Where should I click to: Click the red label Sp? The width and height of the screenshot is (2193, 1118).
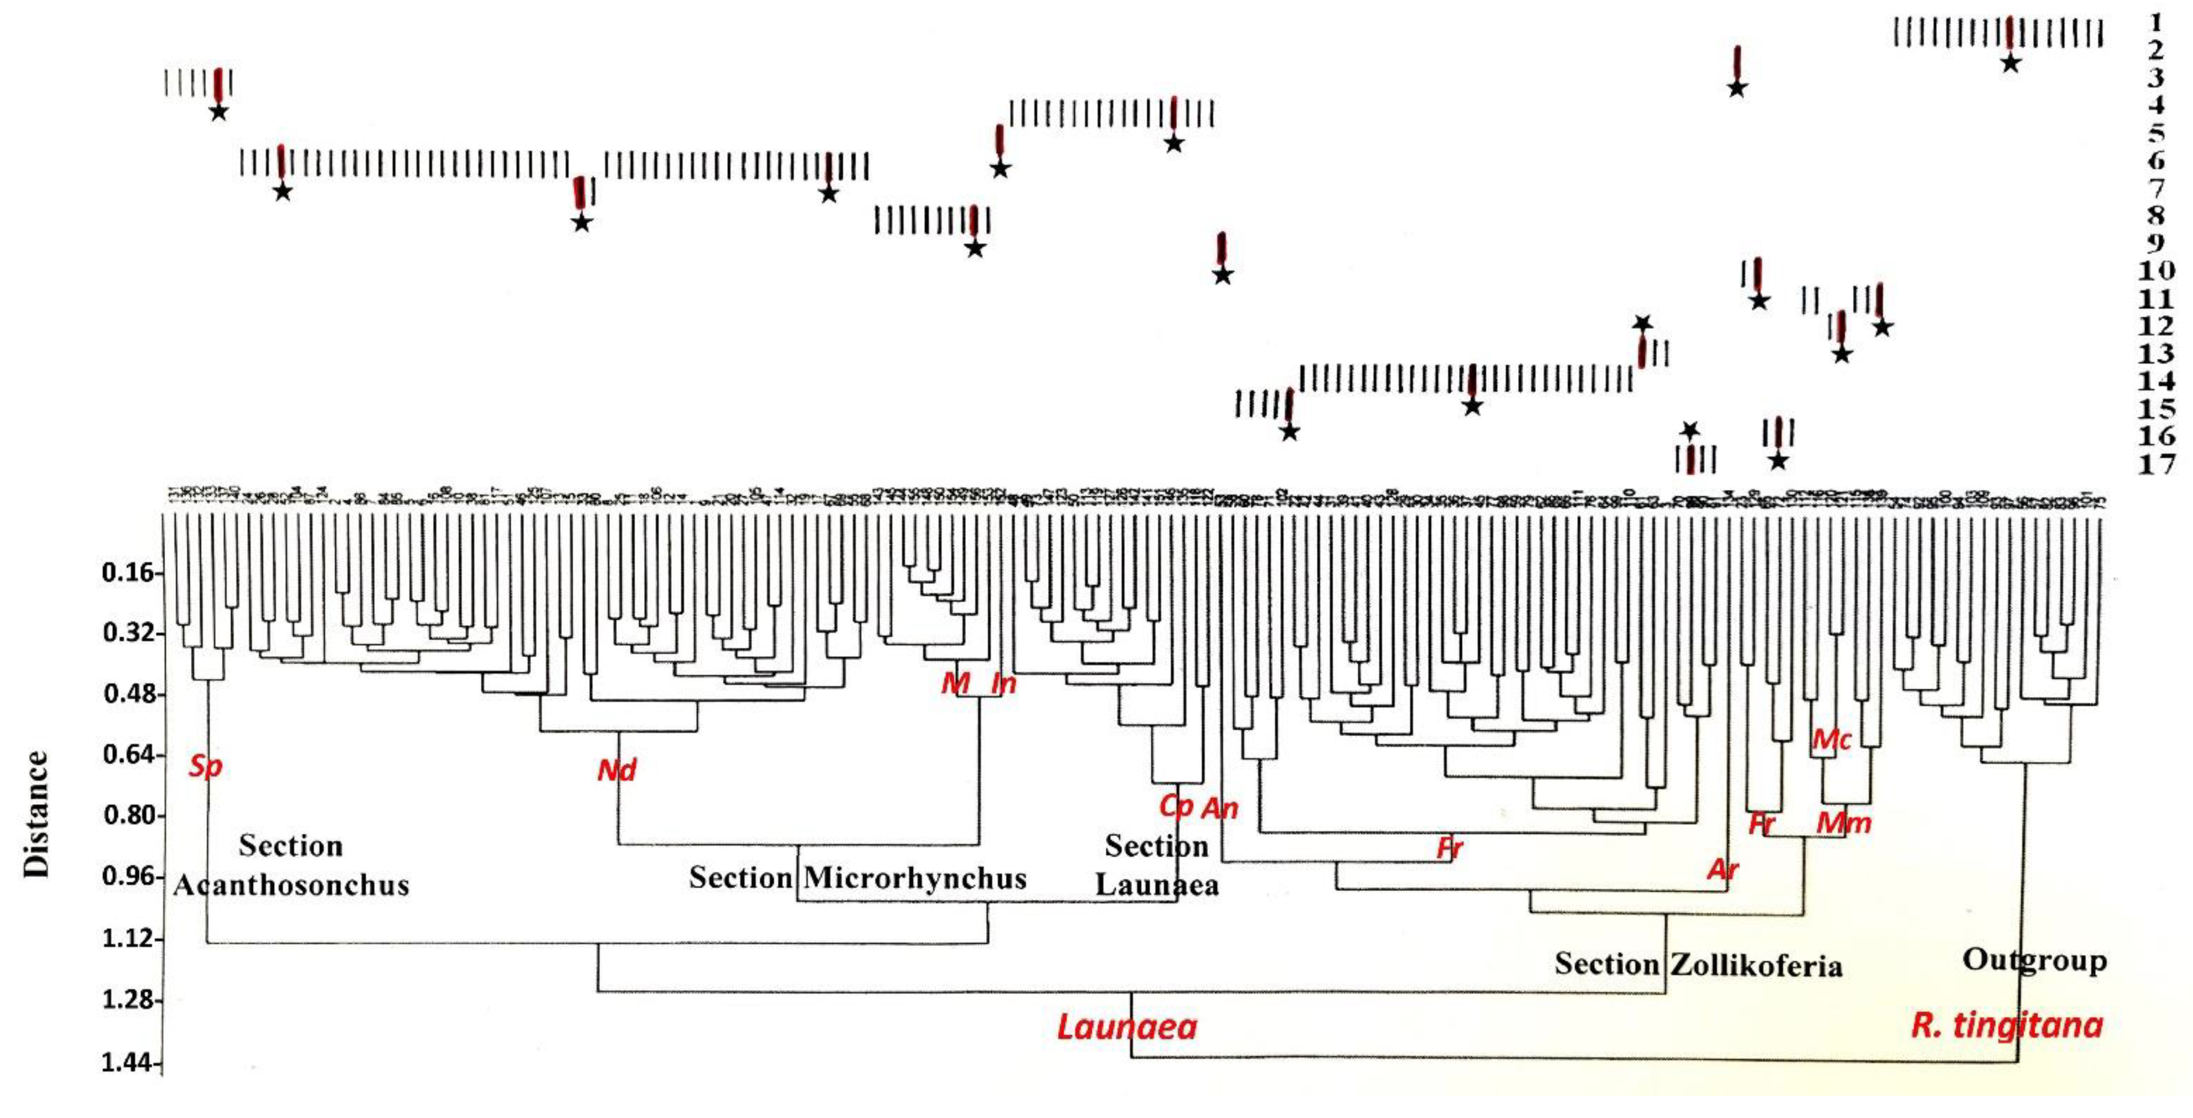point(205,766)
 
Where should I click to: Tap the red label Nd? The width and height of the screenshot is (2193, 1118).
point(616,771)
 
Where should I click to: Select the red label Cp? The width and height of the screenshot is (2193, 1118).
point(1175,806)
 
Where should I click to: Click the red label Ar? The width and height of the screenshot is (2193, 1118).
point(1723,869)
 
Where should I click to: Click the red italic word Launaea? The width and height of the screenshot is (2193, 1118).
point(1126,1027)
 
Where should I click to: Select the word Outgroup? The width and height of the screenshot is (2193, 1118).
point(2034,960)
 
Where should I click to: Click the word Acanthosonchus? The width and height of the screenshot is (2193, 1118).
point(291,886)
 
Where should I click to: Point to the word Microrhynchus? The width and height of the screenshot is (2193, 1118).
point(915,878)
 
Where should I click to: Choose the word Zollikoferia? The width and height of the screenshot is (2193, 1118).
point(1756,966)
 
